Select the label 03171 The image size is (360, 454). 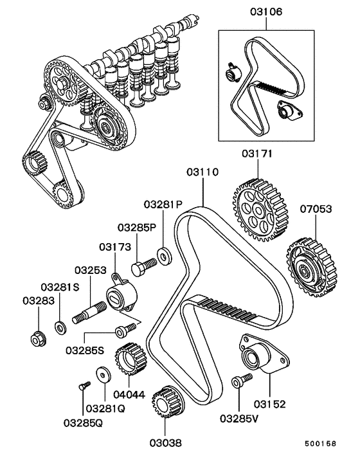point(258,155)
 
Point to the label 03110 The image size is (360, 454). point(203,172)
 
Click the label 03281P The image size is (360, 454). point(159,205)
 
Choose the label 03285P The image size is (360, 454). point(136,228)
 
